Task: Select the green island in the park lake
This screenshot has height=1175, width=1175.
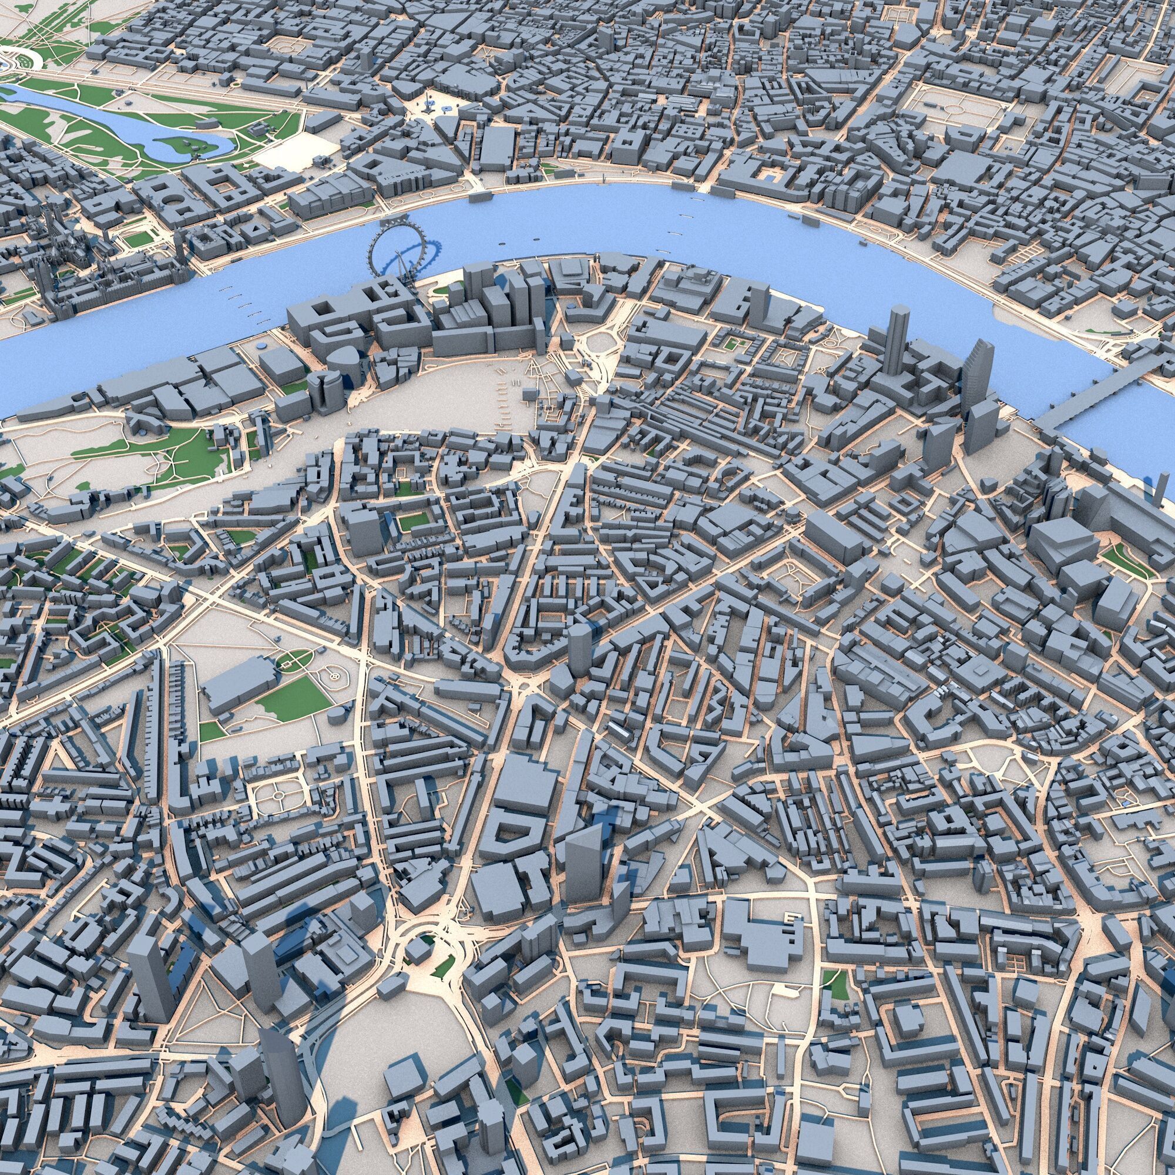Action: (x=183, y=146)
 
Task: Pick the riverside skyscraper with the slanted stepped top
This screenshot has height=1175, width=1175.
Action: (x=975, y=371)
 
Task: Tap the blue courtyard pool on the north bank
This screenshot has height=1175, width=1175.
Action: (x=770, y=176)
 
